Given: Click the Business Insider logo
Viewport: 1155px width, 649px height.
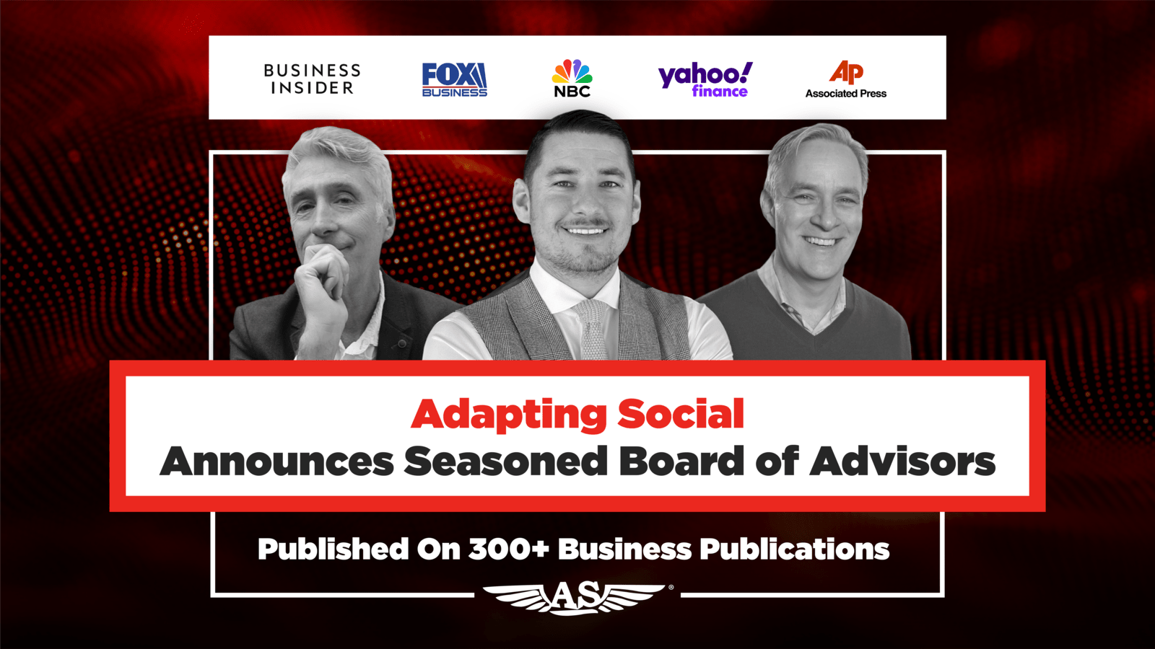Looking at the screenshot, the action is (x=312, y=79).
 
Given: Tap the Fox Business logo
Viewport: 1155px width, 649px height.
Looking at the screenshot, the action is (x=454, y=79).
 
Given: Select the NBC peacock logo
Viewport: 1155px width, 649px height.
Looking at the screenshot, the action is (x=572, y=79).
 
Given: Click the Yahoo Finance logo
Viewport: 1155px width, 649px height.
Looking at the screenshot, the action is (x=705, y=79).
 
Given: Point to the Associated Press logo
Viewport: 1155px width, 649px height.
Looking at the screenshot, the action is (x=845, y=79).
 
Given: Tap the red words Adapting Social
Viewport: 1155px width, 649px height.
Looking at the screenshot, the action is (x=577, y=415).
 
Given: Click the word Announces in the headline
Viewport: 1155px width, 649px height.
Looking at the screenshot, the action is (x=277, y=462).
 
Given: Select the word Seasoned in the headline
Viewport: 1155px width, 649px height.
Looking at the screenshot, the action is (x=506, y=462).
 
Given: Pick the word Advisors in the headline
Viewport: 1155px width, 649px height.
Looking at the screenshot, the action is (x=903, y=461).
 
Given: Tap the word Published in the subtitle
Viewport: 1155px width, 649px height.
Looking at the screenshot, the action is (x=333, y=549).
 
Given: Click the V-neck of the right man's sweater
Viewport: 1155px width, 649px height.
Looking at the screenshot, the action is (x=813, y=317).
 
